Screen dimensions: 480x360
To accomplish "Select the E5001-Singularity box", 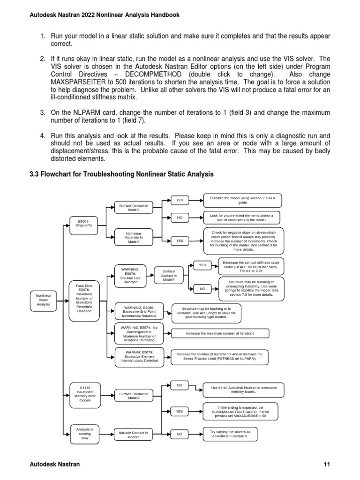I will (x=84, y=223).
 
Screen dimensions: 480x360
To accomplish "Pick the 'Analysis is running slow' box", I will (x=84, y=434).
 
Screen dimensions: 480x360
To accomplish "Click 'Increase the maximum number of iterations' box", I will (x=220, y=333).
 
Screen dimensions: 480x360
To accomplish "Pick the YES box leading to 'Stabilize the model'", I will (x=179, y=201).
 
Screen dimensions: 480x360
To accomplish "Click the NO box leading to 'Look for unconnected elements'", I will (x=179, y=218).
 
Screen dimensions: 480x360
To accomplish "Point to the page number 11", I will (x=327, y=465).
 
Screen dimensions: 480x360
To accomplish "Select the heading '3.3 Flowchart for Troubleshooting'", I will (x=122, y=174).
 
